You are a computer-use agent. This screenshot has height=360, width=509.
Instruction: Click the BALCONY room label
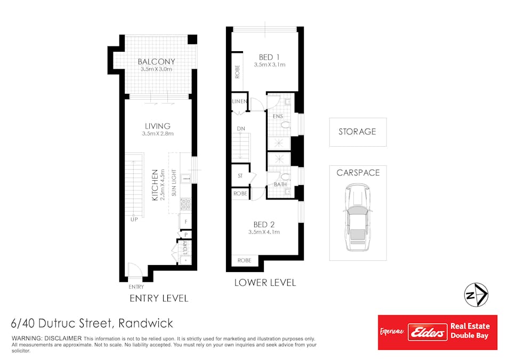(x=156, y=61)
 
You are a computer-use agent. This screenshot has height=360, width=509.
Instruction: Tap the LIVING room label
(x=157, y=126)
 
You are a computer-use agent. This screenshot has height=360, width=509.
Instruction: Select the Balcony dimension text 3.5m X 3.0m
(x=157, y=69)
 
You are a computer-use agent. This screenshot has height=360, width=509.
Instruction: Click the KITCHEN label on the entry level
(x=155, y=185)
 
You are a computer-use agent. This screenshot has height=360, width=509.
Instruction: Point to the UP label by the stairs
(x=134, y=219)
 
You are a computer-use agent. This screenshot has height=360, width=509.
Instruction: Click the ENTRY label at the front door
(x=136, y=286)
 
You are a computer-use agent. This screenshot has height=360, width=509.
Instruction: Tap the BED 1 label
(x=269, y=57)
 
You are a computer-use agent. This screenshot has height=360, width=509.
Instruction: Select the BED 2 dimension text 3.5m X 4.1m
(x=264, y=232)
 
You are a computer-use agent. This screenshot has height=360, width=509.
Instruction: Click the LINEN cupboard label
(x=239, y=101)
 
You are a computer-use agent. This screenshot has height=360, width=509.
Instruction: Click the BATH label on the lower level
(x=280, y=185)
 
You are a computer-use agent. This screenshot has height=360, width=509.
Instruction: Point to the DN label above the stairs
(x=241, y=129)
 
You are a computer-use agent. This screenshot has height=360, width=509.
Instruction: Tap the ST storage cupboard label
(x=240, y=175)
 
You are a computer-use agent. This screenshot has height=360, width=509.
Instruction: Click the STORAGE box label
(x=357, y=132)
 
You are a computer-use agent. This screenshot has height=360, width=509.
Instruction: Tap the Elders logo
(x=427, y=332)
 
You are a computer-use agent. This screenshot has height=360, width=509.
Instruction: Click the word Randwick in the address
(x=146, y=323)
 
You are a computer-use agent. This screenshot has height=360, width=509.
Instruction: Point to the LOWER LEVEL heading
(x=265, y=283)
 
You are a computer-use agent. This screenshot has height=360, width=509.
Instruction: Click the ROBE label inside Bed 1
(x=237, y=71)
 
